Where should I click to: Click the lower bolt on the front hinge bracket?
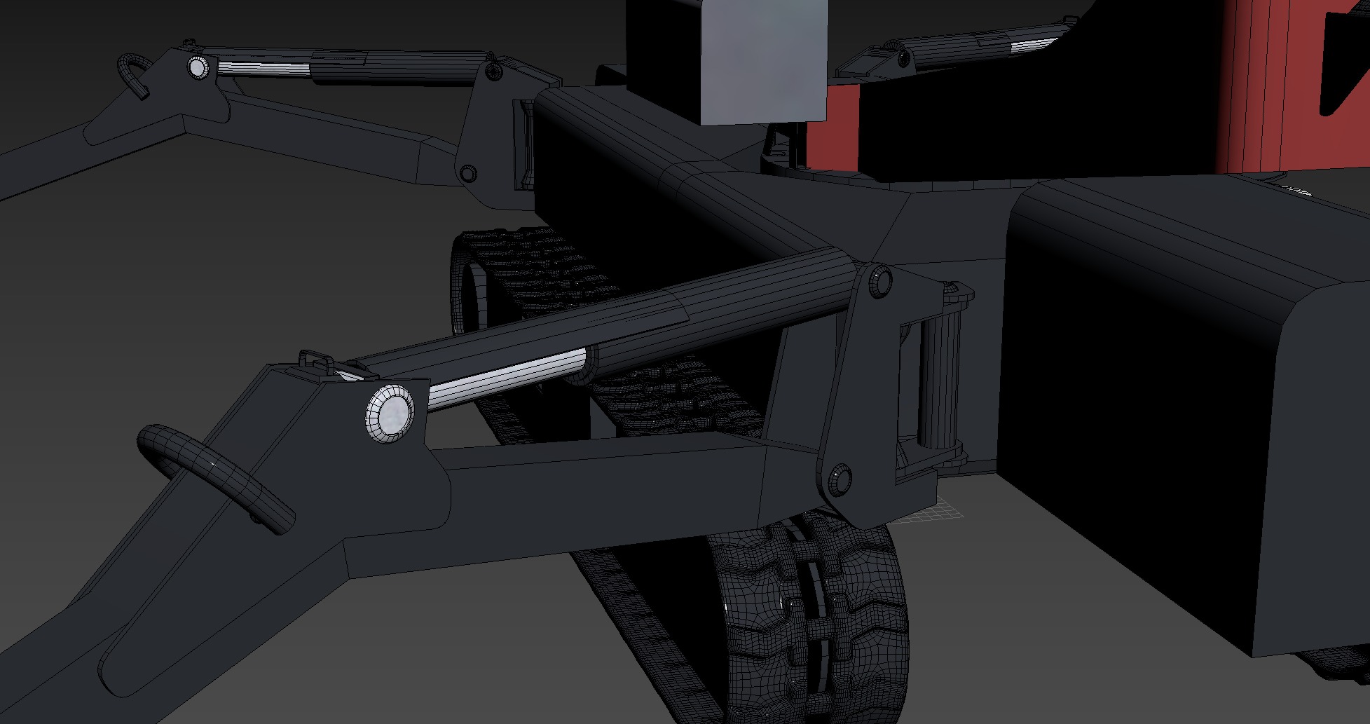point(840,477)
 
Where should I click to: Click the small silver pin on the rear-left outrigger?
point(198,67)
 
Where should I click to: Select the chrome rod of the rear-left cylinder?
point(263,67)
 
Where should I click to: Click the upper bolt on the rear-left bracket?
point(493,71)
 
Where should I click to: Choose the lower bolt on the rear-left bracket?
point(467,172)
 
